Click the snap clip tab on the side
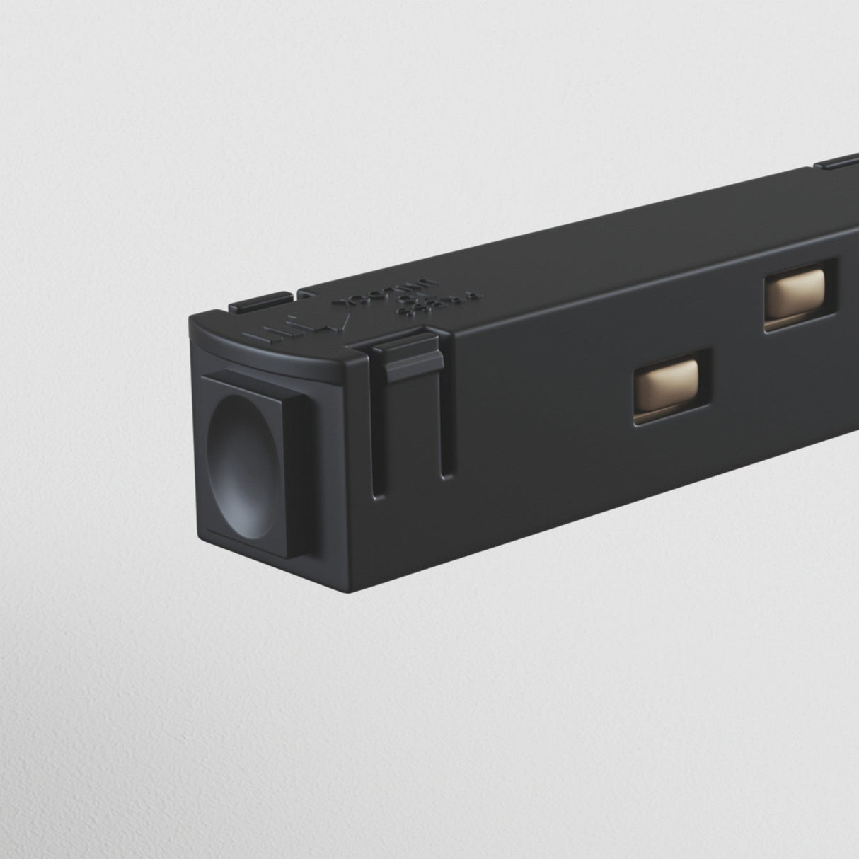tap(406, 357)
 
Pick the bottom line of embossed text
tap(440, 306)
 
